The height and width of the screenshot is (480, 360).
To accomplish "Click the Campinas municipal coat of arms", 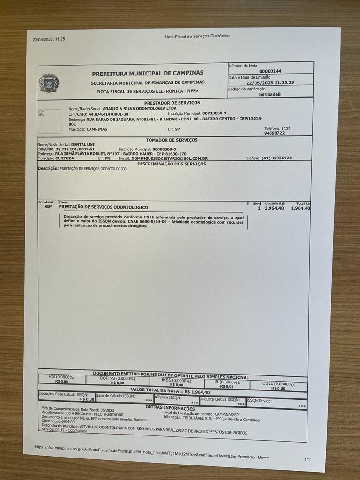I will click(49, 83).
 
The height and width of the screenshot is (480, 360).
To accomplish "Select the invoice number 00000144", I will click(270, 71).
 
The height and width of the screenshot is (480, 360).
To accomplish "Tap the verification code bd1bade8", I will click(270, 94).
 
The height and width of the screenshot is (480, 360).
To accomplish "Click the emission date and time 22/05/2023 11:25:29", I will click(270, 82).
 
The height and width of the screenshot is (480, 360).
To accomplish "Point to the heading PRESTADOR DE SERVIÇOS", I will click(172, 102).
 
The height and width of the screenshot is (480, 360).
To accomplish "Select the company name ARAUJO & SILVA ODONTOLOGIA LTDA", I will click(134, 108).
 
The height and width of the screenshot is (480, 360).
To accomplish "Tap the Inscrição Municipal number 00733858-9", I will click(214, 113).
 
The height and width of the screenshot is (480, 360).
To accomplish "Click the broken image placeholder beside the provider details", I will click(49, 121).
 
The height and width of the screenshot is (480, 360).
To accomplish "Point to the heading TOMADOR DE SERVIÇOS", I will click(172, 140).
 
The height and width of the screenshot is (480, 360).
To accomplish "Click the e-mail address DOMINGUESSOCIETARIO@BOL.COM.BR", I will click(169, 158).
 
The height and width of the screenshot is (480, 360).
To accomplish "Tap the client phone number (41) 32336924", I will click(277, 158).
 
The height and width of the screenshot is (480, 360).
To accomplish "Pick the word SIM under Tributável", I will click(48, 206).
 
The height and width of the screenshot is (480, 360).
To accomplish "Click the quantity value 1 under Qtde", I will click(259, 208).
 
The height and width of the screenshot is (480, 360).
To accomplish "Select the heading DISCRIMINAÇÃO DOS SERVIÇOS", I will click(172, 164).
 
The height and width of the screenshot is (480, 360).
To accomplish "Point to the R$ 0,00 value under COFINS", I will click(117, 383).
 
